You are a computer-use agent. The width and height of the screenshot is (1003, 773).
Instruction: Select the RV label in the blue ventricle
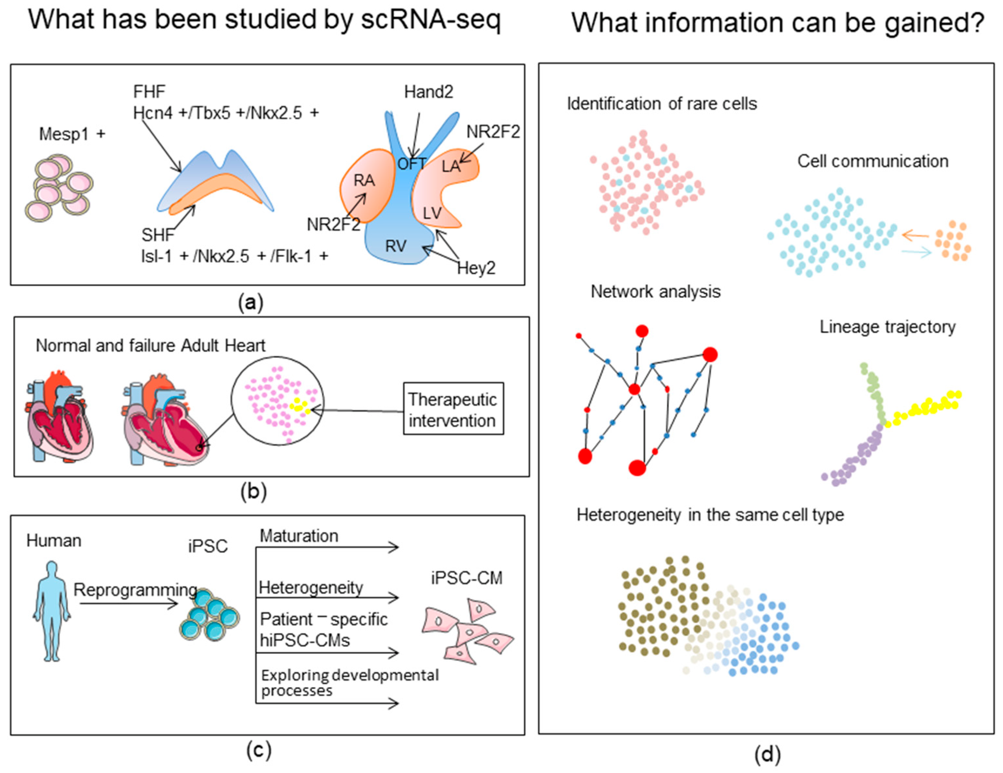click(x=396, y=246)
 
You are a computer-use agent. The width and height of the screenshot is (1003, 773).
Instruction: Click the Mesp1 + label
click(x=72, y=134)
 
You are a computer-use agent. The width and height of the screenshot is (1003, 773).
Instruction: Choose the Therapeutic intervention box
click(x=453, y=408)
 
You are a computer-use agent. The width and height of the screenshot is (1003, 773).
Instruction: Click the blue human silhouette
click(x=51, y=611)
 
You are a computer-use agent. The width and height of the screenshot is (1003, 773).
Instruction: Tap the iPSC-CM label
click(x=467, y=578)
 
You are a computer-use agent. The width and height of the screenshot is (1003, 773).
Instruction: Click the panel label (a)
click(x=251, y=303)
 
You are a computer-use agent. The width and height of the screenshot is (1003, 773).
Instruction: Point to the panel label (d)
click(x=767, y=755)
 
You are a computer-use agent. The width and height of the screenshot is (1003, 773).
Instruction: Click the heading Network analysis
click(x=655, y=292)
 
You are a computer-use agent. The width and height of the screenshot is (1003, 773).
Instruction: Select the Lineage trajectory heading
click(x=888, y=327)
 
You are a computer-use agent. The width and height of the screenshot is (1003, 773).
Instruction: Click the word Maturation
click(x=299, y=536)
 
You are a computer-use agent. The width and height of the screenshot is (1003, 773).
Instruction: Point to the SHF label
click(x=158, y=235)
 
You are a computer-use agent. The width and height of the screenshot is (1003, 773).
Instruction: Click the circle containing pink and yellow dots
click(x=277, y=401)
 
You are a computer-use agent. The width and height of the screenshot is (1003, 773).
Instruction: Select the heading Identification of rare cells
click(x=662, y=104)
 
